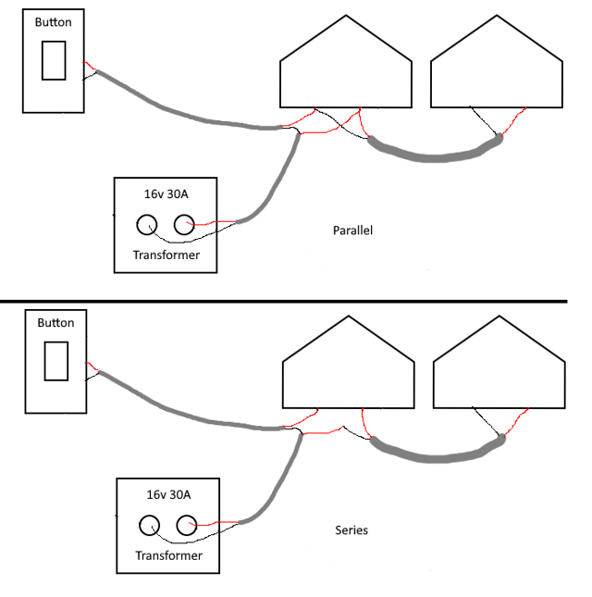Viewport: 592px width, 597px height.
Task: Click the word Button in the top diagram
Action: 53,21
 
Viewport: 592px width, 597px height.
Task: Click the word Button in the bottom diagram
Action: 55,323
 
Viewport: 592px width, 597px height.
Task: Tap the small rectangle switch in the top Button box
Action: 54,60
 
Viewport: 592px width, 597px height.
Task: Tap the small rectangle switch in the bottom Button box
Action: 56,360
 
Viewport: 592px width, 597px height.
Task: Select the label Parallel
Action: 351,230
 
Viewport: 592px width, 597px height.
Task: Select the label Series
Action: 351,530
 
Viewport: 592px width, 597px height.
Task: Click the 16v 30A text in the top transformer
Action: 166,195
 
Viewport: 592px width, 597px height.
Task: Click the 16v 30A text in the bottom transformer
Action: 168,495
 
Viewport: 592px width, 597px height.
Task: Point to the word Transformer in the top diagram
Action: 166,255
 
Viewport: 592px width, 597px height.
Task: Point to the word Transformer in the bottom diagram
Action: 168,555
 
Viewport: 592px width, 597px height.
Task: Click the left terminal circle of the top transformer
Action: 146,224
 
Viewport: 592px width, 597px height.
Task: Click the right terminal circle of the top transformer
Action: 183,224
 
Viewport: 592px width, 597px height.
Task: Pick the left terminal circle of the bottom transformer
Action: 150,526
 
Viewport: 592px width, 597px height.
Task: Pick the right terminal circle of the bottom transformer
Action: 187,526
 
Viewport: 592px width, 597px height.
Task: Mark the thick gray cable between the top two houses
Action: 435,158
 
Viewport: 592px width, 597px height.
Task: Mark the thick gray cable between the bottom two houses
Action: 435,456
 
